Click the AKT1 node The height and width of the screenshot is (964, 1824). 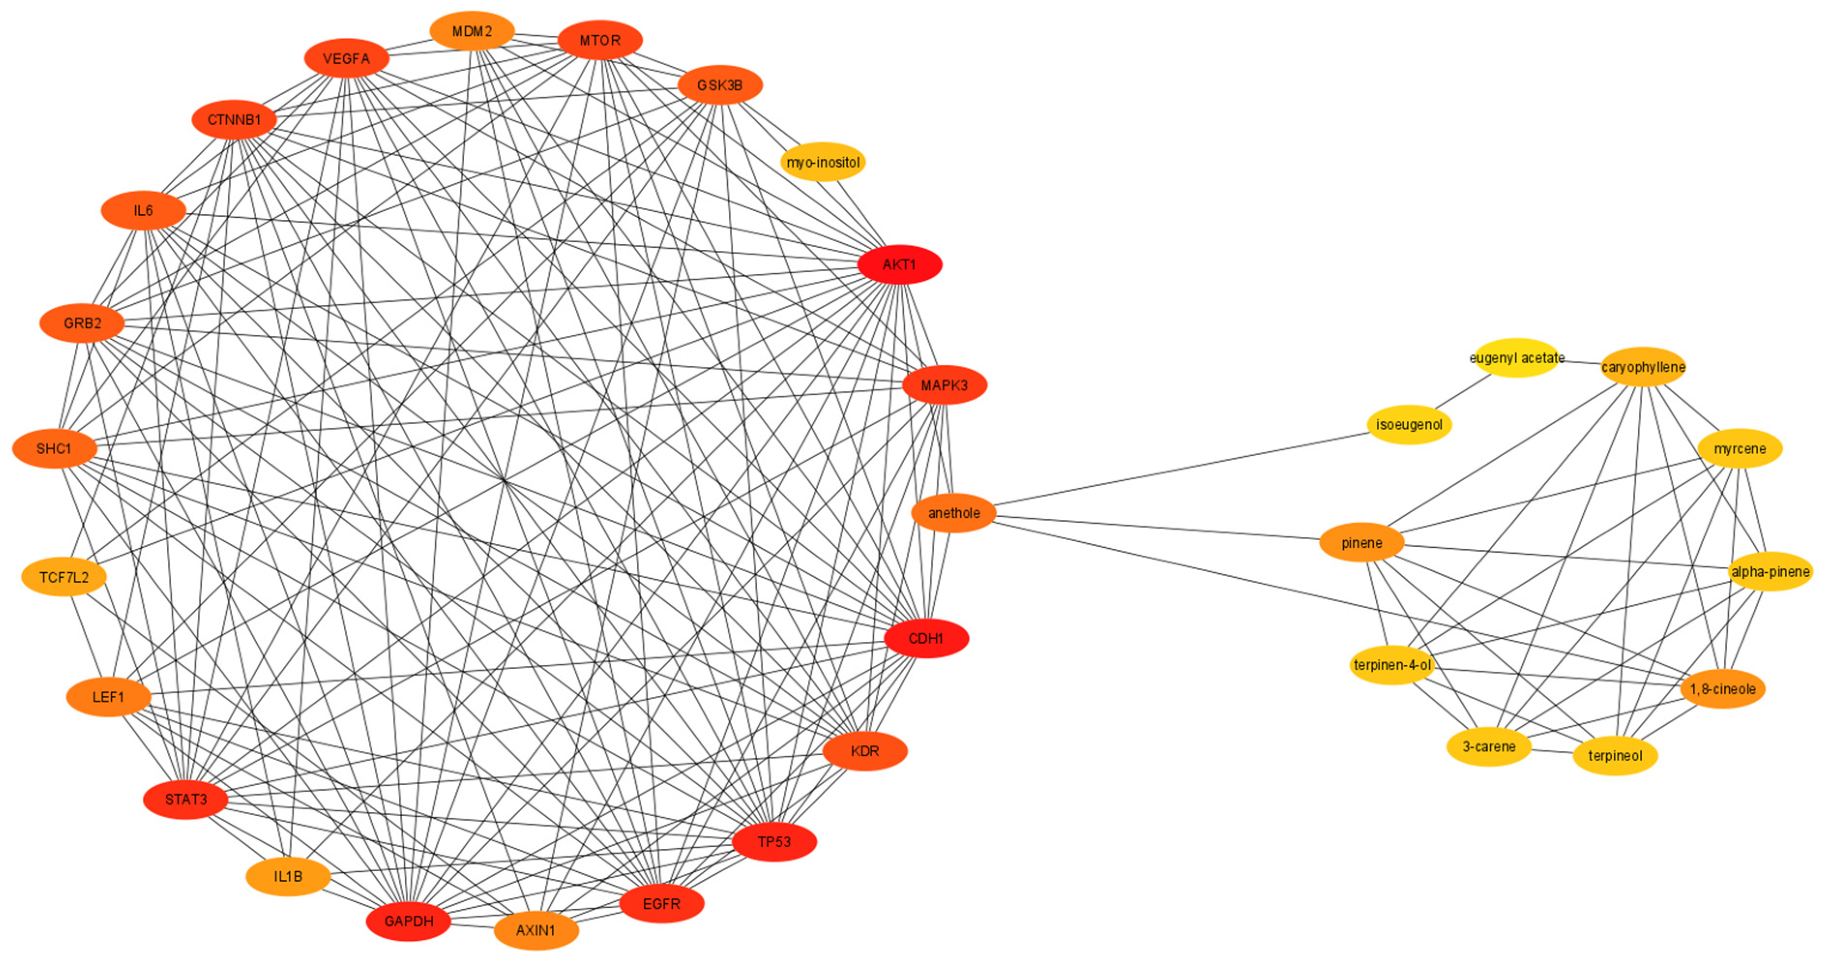click(x=899, y=265)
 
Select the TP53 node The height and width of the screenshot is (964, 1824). click(x=774, y=842)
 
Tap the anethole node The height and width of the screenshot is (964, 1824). click(x=954, y=513)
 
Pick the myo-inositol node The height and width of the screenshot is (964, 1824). click(x=823, y=162)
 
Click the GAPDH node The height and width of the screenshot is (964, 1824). click(x=409, y=921)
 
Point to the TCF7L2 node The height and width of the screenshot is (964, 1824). click(x=64, y=577)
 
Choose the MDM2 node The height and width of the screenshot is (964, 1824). click(x=471, y=31)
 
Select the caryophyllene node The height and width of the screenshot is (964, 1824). click(x=1643, y=367)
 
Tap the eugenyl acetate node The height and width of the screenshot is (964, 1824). click(x=1516, y=358)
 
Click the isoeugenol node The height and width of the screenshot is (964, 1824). click(x=1408, y=425)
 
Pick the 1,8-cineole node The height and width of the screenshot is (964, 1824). click(x=1722, y=689)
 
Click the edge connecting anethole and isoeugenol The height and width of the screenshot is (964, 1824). click(x=1181, y=469)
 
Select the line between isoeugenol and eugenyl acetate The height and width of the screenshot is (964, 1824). click(x=1463, y=391)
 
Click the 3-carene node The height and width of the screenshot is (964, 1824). click(x=1488, y=746)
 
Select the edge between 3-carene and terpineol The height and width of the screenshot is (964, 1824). click(x=1552, y=750)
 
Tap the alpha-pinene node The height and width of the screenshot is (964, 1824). click(x=1769, y=571)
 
